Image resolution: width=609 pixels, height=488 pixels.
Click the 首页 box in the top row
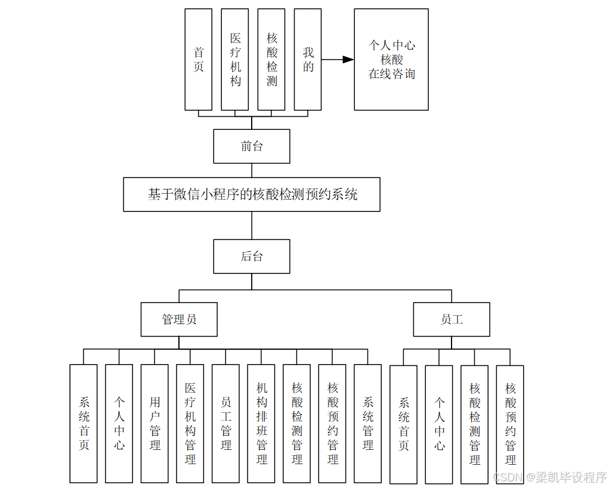198,60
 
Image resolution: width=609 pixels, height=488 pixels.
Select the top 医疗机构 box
235,60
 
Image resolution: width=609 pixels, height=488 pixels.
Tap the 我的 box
308,60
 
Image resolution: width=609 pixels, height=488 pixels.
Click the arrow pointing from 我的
338,60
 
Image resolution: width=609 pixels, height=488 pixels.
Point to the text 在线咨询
391,74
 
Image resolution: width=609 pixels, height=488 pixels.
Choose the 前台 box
252,146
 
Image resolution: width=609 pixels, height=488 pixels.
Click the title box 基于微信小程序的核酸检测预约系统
252,194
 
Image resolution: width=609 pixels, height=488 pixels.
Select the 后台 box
252,256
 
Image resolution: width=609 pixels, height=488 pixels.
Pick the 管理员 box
179,319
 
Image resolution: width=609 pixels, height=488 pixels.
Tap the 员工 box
452,319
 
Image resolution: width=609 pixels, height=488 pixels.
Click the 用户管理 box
154,423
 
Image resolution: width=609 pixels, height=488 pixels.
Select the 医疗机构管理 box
190,423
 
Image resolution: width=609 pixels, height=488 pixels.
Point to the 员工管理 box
225,423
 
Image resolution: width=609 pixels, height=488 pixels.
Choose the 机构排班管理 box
261,423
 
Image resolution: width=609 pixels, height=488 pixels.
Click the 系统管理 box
367,423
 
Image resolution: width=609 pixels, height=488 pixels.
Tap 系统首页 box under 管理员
84,423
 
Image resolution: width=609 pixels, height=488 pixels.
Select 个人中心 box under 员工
439,424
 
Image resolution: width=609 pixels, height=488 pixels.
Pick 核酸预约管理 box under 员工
510,424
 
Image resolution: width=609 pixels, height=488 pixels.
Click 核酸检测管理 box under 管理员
296,423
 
